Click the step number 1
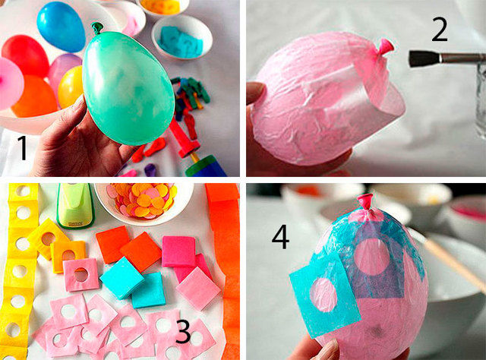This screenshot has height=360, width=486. pyautogui.click(x=23, y=148)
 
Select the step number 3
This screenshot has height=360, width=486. pyautogui.click(x=184, y=331)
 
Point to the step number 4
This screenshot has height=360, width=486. pyautogui.click(x=280, y=237)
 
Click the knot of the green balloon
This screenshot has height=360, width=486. pyautogui.click(x=97, y=28)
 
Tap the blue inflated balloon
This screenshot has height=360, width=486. pyautogui.click(x=61, y=26)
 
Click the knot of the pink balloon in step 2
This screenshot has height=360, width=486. pyautogui.click(x=385, y=47)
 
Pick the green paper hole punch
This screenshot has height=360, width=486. pyautogui.click(x=75, y=204)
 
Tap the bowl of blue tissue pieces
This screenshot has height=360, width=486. pyautogui.click(x=182, y=37)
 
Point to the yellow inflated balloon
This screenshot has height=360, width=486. pyautogui.click(x=70, y=87)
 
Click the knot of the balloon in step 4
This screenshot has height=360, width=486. pyautogui.click(x=365, y=201)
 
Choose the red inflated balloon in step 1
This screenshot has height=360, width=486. pyautogui.click(x=25, y=55)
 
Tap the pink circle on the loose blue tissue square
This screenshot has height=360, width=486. pyautogui.click(x=324, y=295)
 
